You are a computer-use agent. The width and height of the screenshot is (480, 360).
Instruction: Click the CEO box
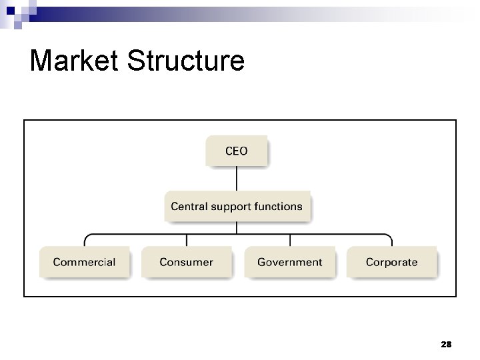[237, 151]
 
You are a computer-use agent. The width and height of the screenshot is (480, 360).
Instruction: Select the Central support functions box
[237, 207]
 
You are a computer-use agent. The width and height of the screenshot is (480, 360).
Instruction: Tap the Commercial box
[84, 262]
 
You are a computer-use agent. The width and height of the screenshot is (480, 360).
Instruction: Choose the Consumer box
[187, 262]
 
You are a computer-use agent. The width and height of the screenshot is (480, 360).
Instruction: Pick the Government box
[289, 262]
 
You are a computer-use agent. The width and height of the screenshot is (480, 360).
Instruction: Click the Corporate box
[391, 262]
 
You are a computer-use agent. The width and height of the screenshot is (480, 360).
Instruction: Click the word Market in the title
[74, 61]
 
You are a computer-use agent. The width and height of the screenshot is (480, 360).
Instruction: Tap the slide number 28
[446, 344]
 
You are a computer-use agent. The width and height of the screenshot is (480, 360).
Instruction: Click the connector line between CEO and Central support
[237, 179]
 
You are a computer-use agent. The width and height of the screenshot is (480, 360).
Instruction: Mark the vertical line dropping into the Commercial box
[84, 241]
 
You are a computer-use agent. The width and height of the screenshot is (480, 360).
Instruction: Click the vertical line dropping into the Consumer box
[187, 241]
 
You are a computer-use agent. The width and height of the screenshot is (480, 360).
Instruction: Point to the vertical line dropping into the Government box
[289, 241]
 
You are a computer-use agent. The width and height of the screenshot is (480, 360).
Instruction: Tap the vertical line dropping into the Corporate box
[391, 241]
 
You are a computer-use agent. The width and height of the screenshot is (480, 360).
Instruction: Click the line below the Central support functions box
[237, 227]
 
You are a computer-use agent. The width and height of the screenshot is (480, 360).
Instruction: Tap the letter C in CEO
[229, 151]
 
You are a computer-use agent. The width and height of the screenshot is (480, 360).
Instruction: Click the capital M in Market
[41, 61]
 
